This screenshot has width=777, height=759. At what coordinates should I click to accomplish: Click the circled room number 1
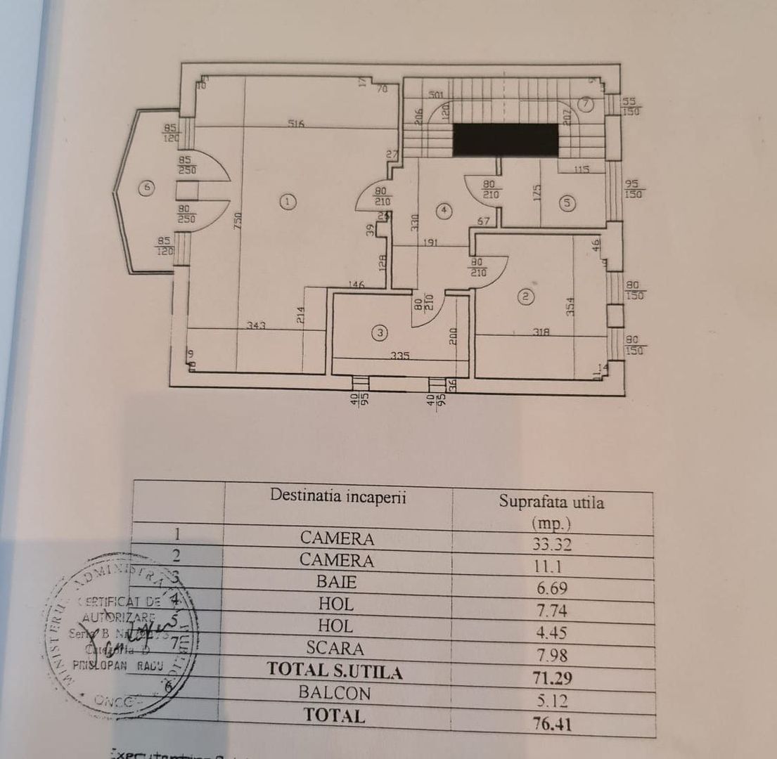click(287, 202)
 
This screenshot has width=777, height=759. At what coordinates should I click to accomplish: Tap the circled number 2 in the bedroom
click(525, 297)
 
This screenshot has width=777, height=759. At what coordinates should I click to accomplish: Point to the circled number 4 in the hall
click(443, 209)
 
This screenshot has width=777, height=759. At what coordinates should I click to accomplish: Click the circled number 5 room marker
click(567, 203)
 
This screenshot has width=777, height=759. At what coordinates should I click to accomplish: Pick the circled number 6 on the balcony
click(146, 188)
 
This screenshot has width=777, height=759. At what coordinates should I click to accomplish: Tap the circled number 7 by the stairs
click(586, 104)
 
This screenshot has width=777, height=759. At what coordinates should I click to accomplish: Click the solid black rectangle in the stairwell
click(505, 139)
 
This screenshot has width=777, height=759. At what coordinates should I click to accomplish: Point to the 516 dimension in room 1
click(295, 124)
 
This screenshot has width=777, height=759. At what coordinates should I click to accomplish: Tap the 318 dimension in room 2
click(540, 332)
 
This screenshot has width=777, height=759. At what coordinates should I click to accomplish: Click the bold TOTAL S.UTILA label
click(335, 671)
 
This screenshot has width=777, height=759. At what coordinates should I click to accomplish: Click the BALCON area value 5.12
click(551, 699)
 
